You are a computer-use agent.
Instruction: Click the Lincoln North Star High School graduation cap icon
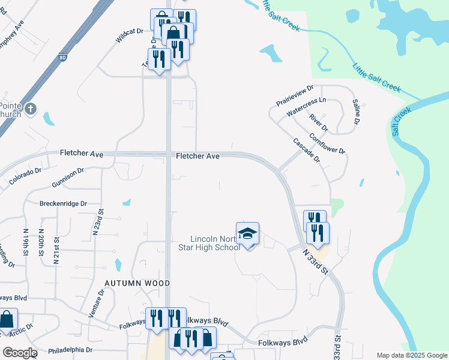[x=247, y=233]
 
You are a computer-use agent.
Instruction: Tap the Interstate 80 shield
[x=63, y=58]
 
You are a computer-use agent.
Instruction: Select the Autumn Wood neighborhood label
[x=137, y=283]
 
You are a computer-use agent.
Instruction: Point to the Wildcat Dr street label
[x=130, y=38]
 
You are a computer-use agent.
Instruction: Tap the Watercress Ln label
[x=306, y=107]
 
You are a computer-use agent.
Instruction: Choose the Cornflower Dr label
[x=328, y=142]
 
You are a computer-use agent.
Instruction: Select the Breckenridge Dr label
[x=63, y=203]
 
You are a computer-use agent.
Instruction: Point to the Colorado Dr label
[x=25, y=176]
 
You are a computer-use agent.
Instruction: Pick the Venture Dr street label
[x=96, y=304]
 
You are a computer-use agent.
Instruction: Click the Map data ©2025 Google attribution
[x=412, y=355]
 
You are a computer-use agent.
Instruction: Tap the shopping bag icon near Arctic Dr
[x=7, y=319]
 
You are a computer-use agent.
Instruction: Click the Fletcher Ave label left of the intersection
[x=82, y=154]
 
